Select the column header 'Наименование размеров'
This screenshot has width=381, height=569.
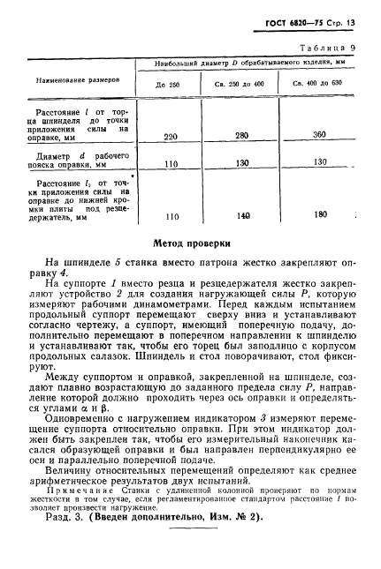[78, 79]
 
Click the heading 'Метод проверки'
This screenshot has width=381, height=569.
[192, 241]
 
